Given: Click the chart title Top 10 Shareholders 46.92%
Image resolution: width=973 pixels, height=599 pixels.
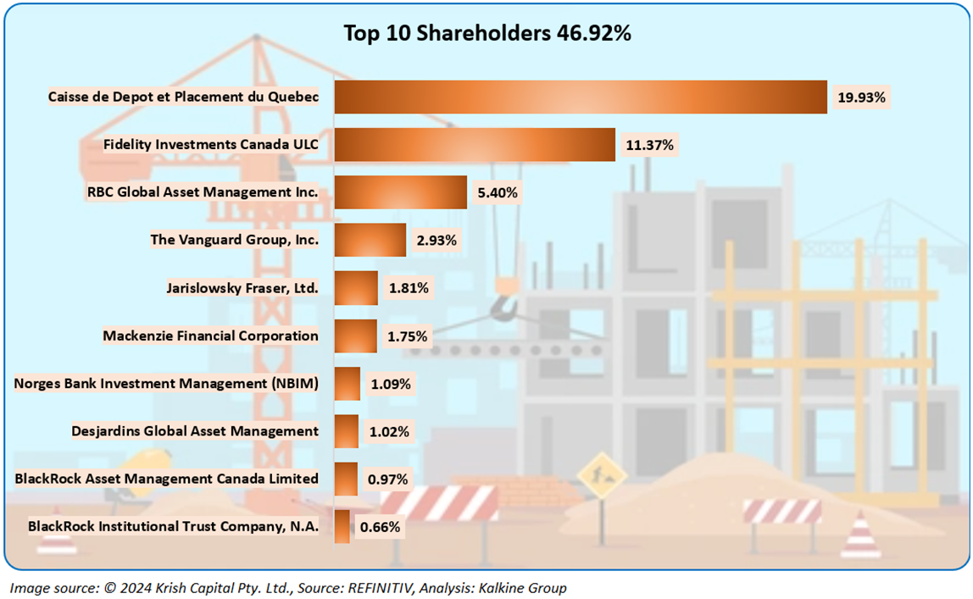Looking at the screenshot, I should (x=486, y=34).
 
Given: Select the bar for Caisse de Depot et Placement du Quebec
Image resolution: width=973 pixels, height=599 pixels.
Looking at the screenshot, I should (x=580, y=97).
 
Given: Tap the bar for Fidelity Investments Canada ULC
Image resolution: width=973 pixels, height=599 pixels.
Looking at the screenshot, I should (x=474, y=145).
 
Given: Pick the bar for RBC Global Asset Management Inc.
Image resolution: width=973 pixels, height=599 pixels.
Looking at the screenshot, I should (x=400, y=192).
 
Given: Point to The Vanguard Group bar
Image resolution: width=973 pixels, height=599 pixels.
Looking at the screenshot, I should (x=370, y=240).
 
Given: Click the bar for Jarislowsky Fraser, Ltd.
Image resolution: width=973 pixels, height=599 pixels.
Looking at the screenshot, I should (x=356, y=288).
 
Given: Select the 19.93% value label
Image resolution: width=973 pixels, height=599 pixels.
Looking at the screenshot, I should (x=860, y=97).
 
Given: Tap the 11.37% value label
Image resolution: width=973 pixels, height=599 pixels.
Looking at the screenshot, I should (x=649, y=145).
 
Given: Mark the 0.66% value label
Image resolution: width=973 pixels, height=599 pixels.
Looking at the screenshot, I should (x=381, y=527).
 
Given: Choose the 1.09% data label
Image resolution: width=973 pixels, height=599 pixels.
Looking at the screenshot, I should (x=391, y=384).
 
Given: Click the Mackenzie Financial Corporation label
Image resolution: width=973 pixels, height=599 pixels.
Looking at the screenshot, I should (x=210, y=336).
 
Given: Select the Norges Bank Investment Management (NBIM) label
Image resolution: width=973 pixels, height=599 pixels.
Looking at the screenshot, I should (x=166, y=384).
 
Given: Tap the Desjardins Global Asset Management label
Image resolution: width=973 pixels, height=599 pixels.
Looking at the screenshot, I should (x=195, y=431).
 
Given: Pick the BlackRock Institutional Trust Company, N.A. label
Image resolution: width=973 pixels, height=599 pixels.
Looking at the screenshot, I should (x=173, y=527).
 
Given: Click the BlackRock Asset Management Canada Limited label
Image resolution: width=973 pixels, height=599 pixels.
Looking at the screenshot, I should (x=166, y=479).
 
